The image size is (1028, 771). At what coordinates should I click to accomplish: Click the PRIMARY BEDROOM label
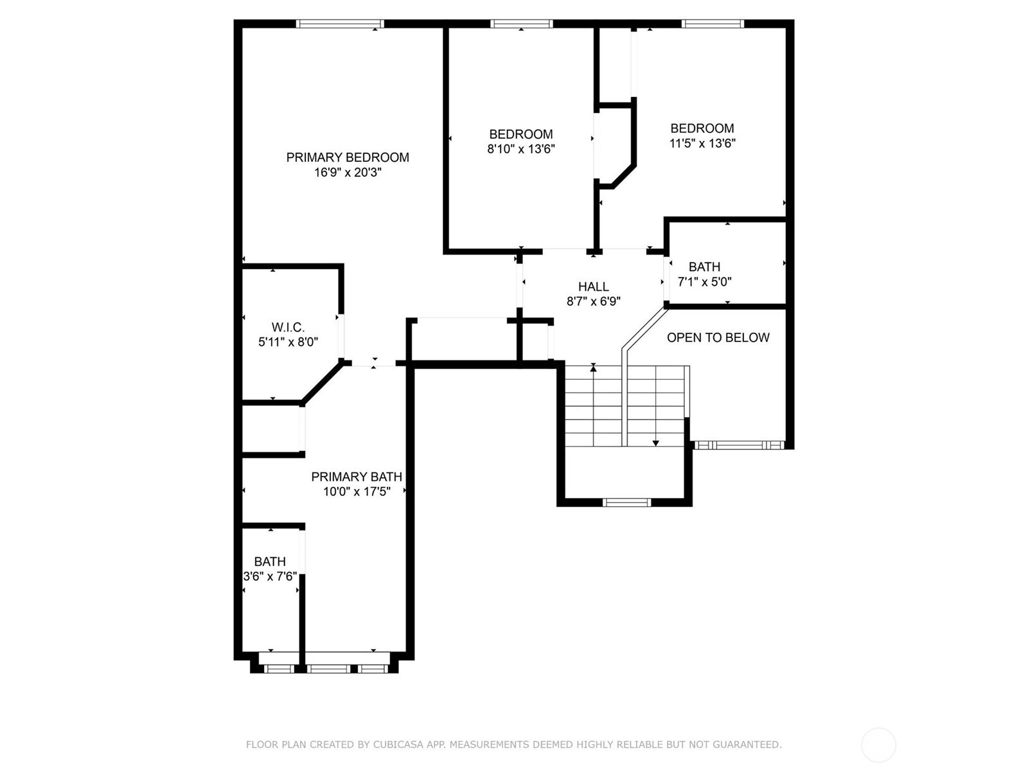348,157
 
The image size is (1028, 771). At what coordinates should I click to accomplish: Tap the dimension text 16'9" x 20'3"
348,172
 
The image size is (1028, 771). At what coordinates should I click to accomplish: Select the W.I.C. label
288,327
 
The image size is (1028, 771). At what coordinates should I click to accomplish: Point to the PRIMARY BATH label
357,477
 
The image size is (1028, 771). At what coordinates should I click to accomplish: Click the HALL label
594,287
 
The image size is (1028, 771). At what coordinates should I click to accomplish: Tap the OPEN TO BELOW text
718,337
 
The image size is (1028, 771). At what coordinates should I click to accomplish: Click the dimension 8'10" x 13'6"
521,149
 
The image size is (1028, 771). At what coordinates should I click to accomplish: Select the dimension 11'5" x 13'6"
702,143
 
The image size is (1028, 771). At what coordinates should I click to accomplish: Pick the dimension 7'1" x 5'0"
704,281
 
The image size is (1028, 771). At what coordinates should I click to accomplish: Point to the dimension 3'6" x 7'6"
270,576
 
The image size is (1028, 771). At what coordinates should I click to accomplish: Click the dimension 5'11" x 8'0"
288,342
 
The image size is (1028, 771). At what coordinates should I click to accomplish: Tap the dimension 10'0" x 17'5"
357,491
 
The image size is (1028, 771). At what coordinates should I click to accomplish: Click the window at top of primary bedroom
340,24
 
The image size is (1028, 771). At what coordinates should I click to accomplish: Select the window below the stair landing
626,502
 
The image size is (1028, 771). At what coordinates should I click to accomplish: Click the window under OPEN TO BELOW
739,445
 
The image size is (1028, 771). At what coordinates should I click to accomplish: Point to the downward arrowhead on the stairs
656,443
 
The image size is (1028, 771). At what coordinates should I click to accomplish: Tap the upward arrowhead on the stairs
594,368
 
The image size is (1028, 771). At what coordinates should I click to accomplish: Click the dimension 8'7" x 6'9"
594,301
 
